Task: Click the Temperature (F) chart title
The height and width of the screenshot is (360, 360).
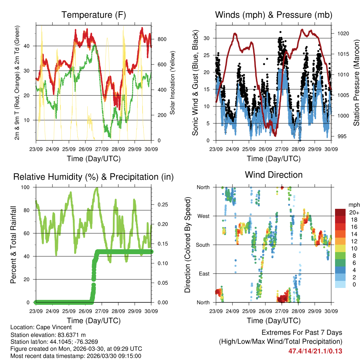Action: (x=94, y=15)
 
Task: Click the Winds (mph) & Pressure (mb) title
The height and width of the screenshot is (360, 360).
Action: (x=274, y=15)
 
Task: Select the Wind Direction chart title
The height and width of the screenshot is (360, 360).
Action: (x=274, y=174)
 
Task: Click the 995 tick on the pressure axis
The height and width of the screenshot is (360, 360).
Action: (x=341, y=136)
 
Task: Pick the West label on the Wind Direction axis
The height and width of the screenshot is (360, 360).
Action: (x=203, y=216)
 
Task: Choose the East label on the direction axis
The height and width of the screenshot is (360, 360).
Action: (x=204, y=274)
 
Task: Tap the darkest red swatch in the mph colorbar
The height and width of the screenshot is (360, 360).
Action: (x=340, y=213)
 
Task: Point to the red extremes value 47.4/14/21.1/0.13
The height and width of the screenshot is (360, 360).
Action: (x=315, y=351)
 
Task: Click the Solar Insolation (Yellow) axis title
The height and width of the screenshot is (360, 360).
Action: (x=173, y=83)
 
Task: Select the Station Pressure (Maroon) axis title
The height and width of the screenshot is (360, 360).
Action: (x=356, y=83)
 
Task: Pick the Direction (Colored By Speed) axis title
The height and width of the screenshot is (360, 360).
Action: (x=187, y=245)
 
